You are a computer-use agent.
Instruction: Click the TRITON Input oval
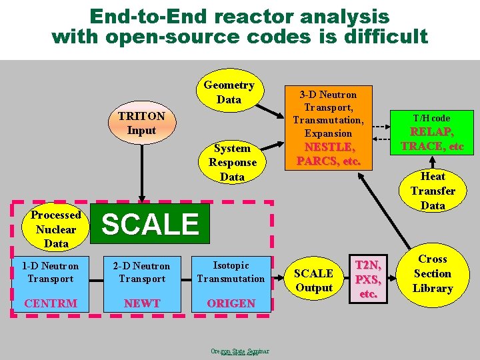(141, 123)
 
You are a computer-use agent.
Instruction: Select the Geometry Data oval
(229, 93)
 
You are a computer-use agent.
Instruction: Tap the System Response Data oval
(232, 163)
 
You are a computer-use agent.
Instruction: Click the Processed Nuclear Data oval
(56, 229)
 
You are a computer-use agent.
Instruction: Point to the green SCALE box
(151, 225)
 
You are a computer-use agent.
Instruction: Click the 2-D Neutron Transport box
(141, 272)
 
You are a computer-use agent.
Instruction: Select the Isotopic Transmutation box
(231, 272)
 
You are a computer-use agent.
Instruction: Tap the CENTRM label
(51, 303)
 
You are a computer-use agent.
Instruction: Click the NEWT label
(142, 303)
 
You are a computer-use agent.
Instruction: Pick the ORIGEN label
(231, 303)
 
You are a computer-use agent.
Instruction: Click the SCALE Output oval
(313, 281)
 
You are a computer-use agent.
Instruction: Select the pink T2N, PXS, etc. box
(368, 279)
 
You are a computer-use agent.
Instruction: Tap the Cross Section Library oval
(433, 273)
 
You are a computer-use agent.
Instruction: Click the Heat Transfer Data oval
(433, 191)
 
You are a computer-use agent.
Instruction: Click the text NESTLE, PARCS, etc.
(329, 154)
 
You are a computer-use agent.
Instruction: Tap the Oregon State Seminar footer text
(239, 351)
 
